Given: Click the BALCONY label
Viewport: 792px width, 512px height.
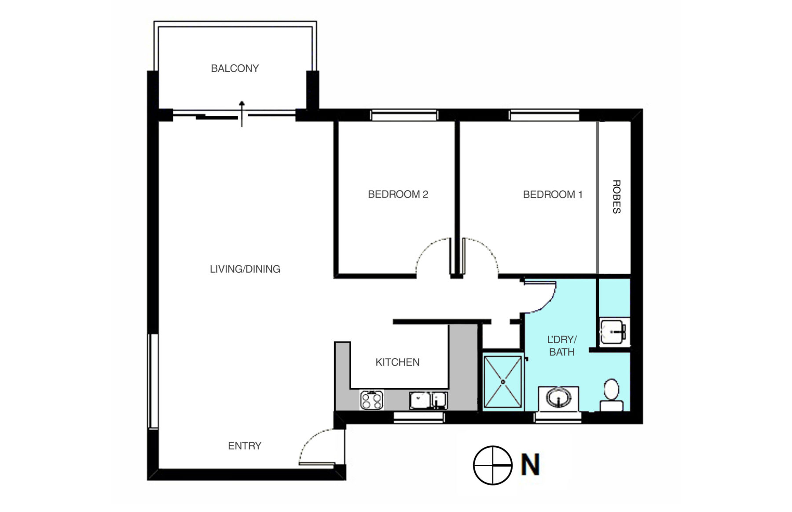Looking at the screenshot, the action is pos(235,68).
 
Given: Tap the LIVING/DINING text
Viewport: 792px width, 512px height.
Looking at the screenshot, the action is pos(245,269).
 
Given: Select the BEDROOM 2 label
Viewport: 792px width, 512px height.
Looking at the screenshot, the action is pos(398,194).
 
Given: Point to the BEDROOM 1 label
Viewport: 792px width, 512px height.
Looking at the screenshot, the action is pos(553,194).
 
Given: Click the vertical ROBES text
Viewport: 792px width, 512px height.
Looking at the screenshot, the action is pos(616,197).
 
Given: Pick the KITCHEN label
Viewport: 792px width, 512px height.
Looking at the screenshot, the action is pos(397,362).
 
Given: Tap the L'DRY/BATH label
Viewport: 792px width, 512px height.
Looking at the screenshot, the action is pos(562,346).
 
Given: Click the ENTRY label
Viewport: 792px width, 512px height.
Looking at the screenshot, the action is pos(245,446).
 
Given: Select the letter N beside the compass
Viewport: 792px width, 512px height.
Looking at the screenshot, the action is pos(530,465).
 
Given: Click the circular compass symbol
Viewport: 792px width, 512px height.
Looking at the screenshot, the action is pos(493,465).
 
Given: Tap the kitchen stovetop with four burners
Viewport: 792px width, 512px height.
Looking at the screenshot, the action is pos(372,400).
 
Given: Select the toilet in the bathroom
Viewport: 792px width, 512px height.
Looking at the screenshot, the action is pos(612,395).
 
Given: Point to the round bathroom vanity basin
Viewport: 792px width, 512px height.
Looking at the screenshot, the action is pos(558,398).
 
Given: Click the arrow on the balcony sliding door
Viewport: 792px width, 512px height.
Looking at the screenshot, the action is pos(242,114).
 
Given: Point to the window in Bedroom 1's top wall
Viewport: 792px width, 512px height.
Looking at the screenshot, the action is pos(544,115).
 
